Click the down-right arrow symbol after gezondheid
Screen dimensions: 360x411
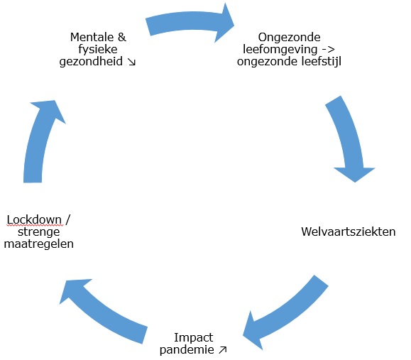point(131,62)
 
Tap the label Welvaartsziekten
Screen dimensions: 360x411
point(348,231)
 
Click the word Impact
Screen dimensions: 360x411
point(194,337)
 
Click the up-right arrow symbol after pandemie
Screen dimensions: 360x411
point(223,350)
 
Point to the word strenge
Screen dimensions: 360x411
point(40,231)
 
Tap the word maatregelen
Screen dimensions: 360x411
point(40,244)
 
